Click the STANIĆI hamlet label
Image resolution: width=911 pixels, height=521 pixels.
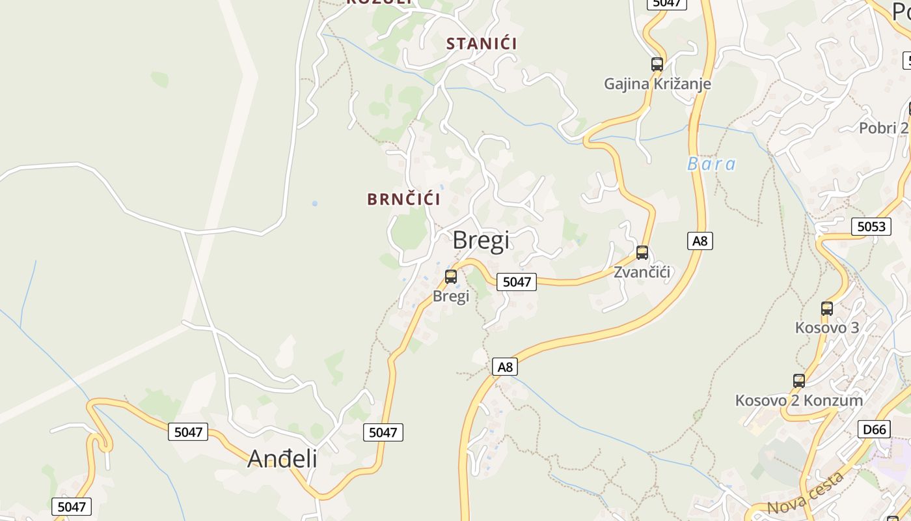tap(482, 44)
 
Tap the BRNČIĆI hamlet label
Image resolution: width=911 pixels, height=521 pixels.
tap(403, 199)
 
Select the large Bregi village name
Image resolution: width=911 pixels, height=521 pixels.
tap(481, 240)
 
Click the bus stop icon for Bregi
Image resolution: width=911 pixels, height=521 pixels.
tap(451, 277)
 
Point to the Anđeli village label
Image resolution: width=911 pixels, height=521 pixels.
tap(282, 459)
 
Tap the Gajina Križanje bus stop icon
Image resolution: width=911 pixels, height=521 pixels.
tap(657, 64)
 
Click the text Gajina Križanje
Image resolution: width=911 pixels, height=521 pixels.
tap(657, 84)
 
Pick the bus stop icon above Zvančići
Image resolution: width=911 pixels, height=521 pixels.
tap(642, 253)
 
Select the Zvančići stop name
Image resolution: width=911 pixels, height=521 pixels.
tap(642, 272)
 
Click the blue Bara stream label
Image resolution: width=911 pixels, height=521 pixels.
tap(711, 164)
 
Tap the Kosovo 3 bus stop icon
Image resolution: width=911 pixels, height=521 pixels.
tap(827, 309)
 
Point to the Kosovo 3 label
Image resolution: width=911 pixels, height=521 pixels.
tap(827, 328)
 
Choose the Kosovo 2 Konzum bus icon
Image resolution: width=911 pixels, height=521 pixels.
tap(799, 381)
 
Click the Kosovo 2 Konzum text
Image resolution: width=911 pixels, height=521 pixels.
tap(799, 401)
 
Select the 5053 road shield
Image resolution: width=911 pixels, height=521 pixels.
tap(871, 227)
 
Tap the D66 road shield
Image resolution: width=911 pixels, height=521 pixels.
tap(874, 429)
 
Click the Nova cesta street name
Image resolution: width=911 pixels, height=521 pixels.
tap(806, 494)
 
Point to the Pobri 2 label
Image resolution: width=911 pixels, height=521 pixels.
tap(883, 128)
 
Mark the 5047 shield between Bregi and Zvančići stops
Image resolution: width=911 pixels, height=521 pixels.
tap(517, 282)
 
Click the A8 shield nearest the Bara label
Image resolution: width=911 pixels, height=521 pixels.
tap(700, 241)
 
